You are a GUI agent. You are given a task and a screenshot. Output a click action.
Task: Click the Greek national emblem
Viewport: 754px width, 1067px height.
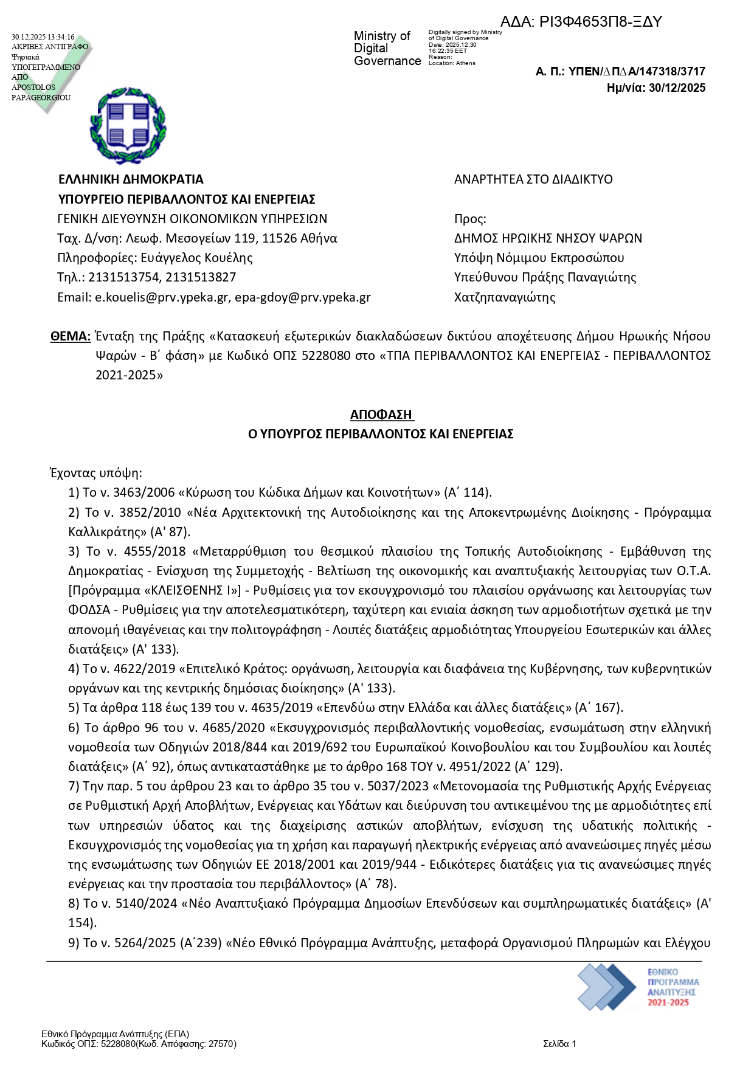pos(128,126)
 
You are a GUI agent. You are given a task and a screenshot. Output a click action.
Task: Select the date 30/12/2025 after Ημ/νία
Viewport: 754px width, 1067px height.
pos(677,88)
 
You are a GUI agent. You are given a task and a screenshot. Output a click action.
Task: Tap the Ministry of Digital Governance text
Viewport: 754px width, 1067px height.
pos(387,49)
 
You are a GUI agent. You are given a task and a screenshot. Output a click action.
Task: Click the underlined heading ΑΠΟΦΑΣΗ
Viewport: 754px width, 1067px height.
pos(381,415)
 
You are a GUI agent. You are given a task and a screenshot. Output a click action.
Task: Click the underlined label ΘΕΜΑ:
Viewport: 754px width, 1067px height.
pos(71,336)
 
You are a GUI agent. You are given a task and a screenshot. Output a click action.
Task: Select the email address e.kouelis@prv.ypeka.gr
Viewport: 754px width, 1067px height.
pos(162,297)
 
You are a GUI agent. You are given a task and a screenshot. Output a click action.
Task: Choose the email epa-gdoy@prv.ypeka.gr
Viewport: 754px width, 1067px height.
pos(303,297)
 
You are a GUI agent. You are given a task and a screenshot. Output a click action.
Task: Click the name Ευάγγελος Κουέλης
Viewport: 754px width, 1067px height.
pos(196,258)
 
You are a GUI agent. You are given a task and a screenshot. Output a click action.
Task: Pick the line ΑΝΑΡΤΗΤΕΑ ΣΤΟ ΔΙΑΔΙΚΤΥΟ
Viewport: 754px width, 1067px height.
pos(533,179)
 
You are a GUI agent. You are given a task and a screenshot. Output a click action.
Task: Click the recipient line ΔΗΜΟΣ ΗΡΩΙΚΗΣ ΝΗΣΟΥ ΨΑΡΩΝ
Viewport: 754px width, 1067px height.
pos(548,238)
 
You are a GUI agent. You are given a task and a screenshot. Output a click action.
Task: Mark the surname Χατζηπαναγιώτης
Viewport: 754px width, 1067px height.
pos(505,297)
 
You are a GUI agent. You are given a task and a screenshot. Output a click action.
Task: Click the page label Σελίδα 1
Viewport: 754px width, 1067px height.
pos(559,1044)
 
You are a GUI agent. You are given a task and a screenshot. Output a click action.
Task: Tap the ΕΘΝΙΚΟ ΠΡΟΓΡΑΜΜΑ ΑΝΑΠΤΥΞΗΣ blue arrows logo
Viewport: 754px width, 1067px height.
pos(606,987)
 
